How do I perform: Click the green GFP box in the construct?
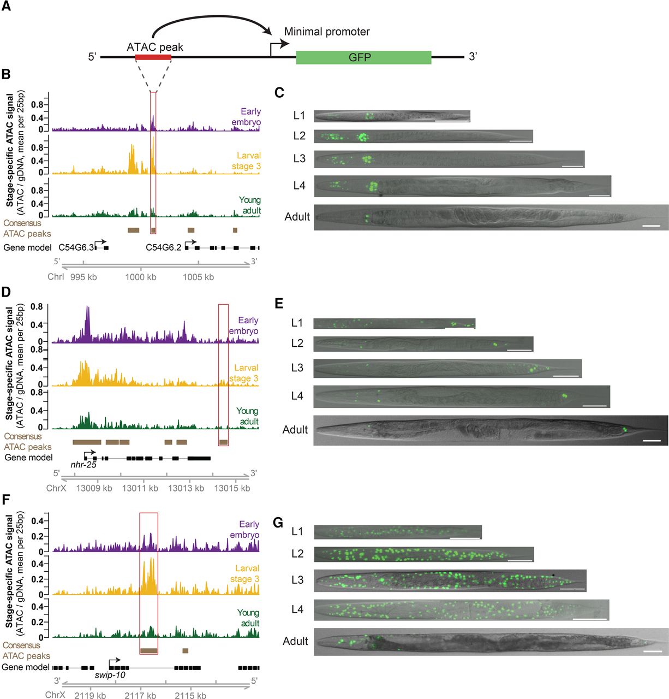(363, 57)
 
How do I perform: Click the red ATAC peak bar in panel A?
(153, 57)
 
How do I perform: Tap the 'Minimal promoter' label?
(327, 32)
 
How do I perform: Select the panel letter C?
(279, 92)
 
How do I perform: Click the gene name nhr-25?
(83, 465)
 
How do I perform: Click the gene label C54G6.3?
(76, 247)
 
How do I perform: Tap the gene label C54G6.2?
(163, 247)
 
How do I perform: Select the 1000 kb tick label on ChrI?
(141, 277)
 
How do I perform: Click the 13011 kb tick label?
(140, 488)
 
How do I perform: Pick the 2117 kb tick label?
(140, 695)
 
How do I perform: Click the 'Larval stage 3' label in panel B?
(246, 161)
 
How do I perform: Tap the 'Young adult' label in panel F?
(248, 618)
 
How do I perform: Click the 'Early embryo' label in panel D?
(244, 325)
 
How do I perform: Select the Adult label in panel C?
(297, 217)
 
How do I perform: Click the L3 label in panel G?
(297, 579)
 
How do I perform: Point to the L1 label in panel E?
(297, 323)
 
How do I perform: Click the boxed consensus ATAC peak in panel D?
(223, 442)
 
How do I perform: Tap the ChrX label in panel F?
(56, 695)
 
